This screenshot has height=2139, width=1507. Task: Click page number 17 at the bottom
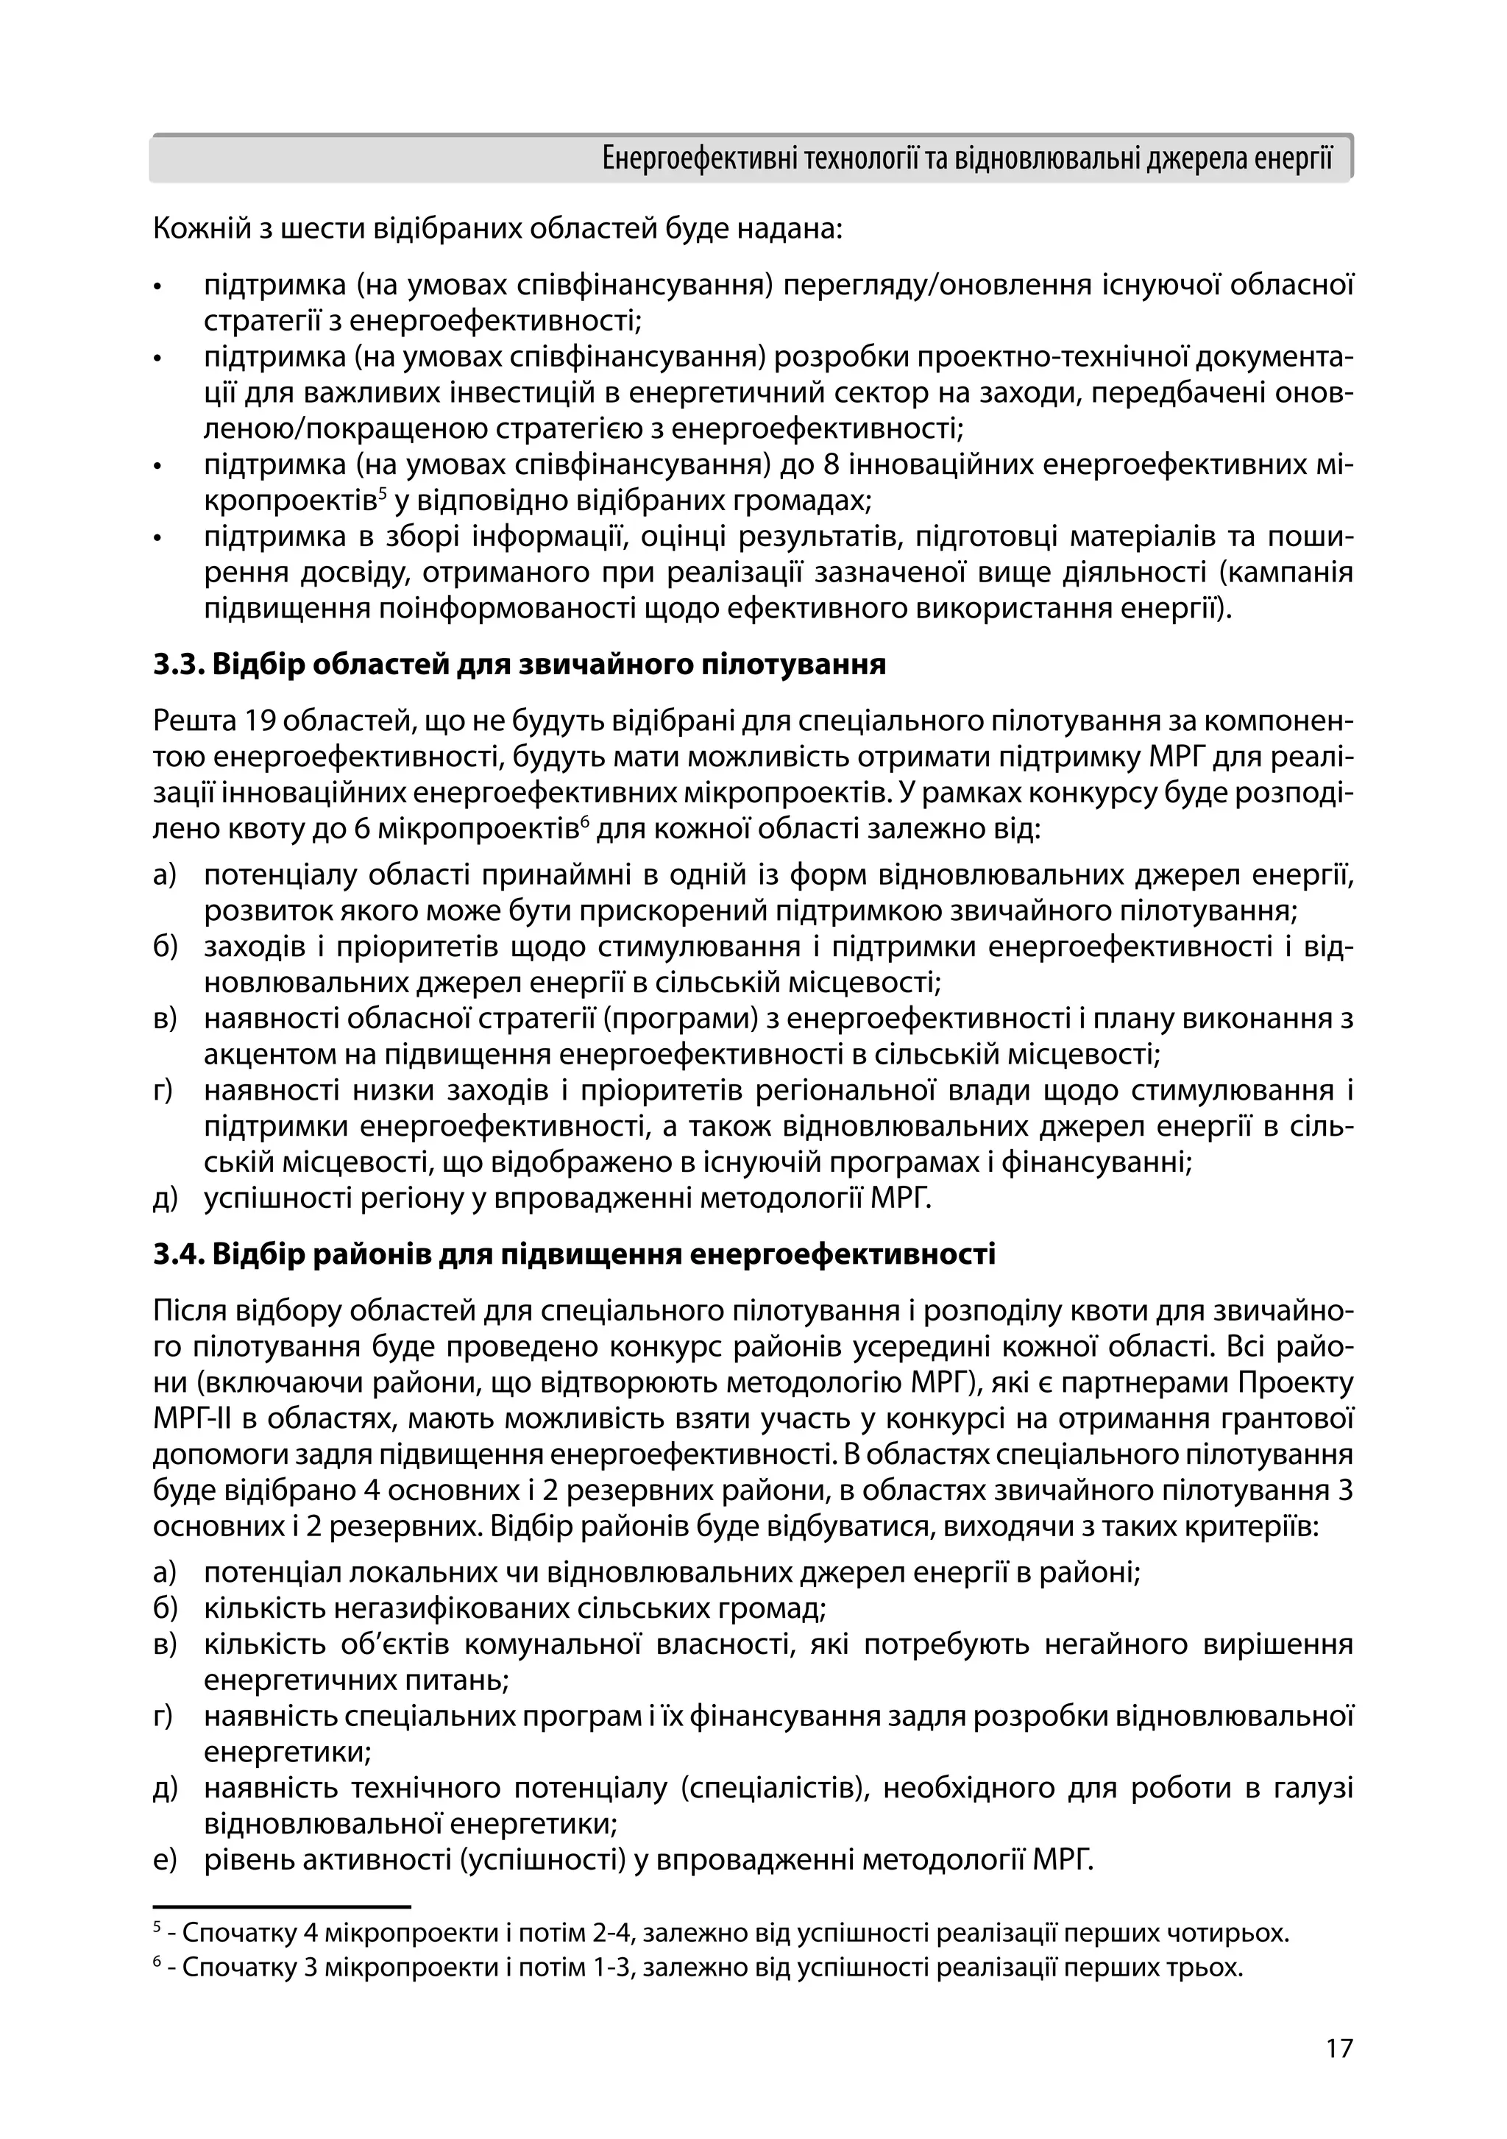pyautogui.click(x=1338, y=2048)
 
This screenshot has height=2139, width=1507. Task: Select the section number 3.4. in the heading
pyautogui.click(x=180, y=1254)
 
